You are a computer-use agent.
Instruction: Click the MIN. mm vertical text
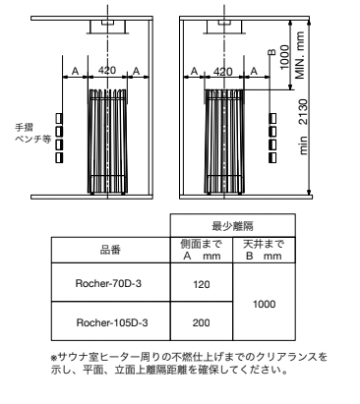point(306,57)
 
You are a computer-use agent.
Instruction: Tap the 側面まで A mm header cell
point(201,250)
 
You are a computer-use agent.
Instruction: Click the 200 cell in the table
point(201,321)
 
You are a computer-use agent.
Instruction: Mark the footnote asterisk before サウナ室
point(52,355)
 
